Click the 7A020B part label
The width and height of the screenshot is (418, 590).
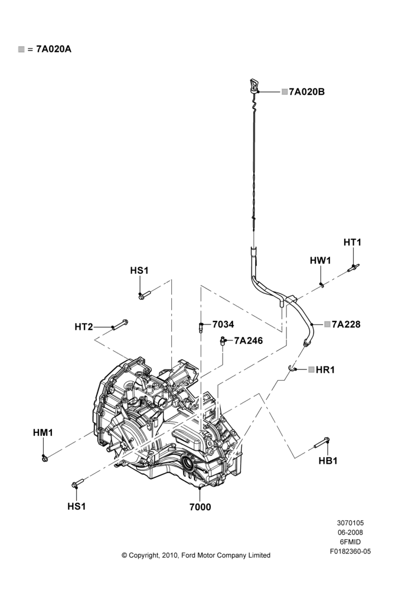click(x=306, y=91)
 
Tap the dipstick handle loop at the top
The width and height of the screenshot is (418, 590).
click(x=253, y=84)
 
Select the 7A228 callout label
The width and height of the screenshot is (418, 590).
click(x=346, y=324)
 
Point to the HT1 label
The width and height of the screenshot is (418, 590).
click(x=352, y=242)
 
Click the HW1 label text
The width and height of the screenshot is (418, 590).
click(x=320, y=260)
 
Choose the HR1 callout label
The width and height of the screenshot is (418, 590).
click(x=325, y=369)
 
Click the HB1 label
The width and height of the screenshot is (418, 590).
click(x=328, y=460)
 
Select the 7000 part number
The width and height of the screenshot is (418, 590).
click(x=200, y=507)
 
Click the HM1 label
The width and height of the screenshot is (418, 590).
click(x=43, y=432)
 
